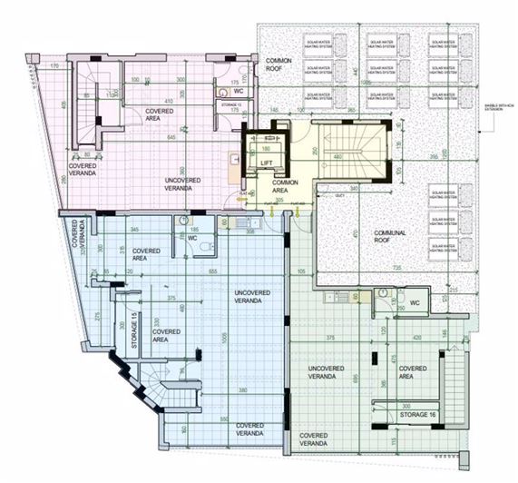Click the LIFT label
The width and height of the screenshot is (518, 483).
[x=267, y=163]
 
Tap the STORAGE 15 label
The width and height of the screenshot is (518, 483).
[x=135, y=332]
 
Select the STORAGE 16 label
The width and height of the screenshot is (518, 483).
[x=421, y=414]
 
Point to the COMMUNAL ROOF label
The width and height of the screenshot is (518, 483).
[x=391, y=238]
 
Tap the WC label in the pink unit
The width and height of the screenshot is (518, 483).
[x=238, y=92]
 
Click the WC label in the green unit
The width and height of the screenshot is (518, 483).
[x=415, y=302]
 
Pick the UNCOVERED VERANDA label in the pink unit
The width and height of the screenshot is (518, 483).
[x=189, y=184]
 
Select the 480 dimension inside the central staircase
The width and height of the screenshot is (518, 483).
[x=337, y=157]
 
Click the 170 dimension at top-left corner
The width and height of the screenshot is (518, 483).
[x=54, y=66]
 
